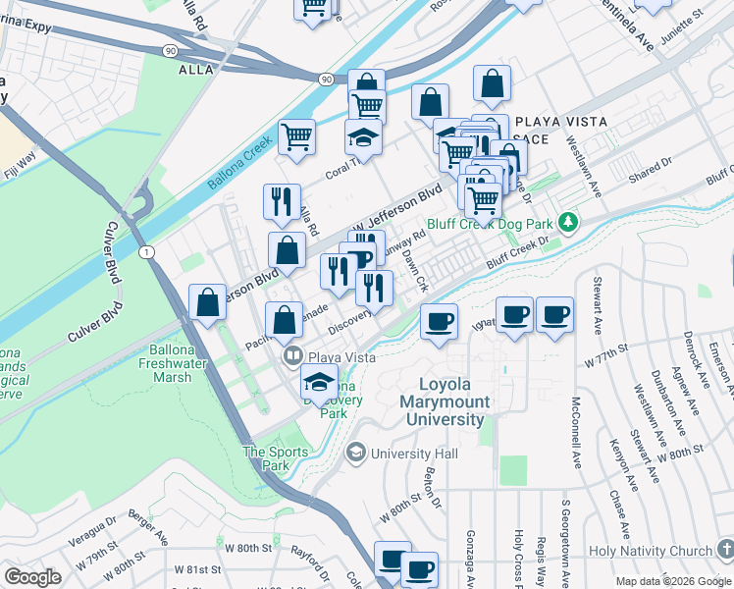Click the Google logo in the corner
point(32,576)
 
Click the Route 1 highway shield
point(147,253)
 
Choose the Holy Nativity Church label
point(653,552)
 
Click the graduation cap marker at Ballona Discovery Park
point(320,383)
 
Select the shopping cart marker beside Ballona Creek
point(296,137)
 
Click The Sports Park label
point(268,459)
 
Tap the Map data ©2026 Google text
point(672,581)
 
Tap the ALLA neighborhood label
point(196,71)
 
